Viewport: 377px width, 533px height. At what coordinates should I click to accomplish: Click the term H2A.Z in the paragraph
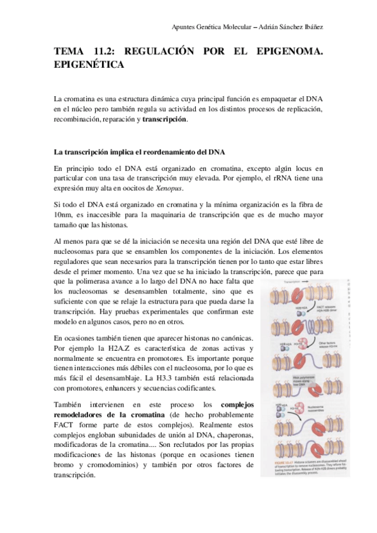tap(118, 348)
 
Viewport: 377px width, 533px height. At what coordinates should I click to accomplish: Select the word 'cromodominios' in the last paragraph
tap(111, 464)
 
